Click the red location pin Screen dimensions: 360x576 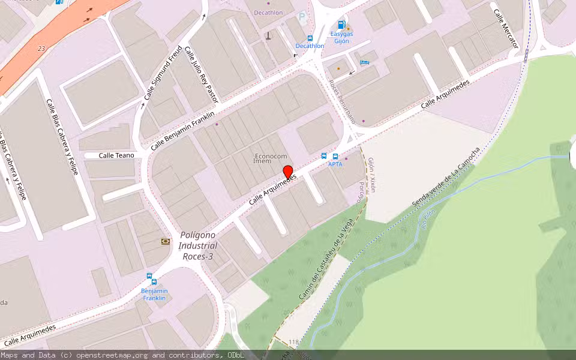coord(287,172)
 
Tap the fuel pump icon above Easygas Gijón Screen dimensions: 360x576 coord(341,25)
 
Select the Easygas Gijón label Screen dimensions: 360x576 coord(341,37)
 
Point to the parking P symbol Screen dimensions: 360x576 coord(302,18)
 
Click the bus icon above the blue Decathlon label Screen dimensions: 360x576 coord(310,38)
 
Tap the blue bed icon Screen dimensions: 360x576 coord(364,62)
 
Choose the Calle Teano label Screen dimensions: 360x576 coord(116,155)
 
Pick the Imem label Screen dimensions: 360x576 coord(262,161)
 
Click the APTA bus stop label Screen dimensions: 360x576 coord(335,164)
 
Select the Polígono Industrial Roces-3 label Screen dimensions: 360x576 coord(198,246)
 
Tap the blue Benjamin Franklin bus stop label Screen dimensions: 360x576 coord(154,294)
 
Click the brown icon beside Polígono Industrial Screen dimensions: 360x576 coord(165,241)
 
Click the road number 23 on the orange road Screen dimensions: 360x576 coord(41,48)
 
